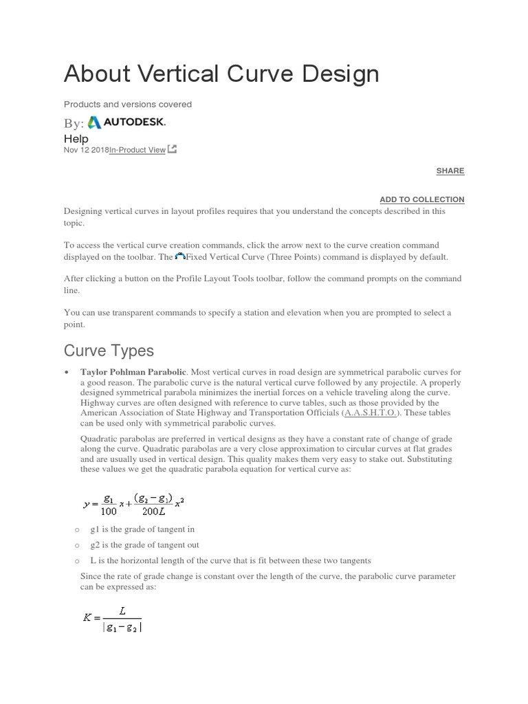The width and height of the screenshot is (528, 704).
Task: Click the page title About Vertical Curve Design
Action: click(x=221, y=74)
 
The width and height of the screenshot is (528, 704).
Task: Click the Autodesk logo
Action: click(x=126, y=122)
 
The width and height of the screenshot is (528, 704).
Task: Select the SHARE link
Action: click(x=450, y=170)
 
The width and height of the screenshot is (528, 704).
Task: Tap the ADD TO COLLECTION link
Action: click(x=421, y=199)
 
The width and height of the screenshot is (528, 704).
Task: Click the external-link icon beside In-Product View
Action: click(x=172, y=149)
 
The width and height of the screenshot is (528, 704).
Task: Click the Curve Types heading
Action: click(x=109, y=351)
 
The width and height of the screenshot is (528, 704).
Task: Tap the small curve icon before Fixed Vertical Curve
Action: click(x=181, y=256)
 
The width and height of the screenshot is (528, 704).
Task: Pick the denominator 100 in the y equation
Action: click(x=109, y=510)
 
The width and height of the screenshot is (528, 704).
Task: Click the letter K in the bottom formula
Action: click(x=87, y=617)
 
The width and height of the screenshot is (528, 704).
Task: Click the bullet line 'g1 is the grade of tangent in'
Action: click(x=143, y=529)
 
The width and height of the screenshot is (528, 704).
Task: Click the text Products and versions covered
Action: click(x=128, y=104)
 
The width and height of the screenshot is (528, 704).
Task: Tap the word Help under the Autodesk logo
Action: click(x=76, y=138)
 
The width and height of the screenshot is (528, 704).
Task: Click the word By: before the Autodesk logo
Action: click(x=74, y=124)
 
